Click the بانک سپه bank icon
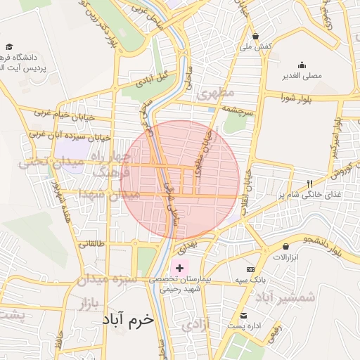tap(250, 269)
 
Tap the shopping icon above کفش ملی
tap(255, 36)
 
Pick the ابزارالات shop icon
tap(286, 246)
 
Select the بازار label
tap(82, 304)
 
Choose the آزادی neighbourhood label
tap(195, 326)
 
